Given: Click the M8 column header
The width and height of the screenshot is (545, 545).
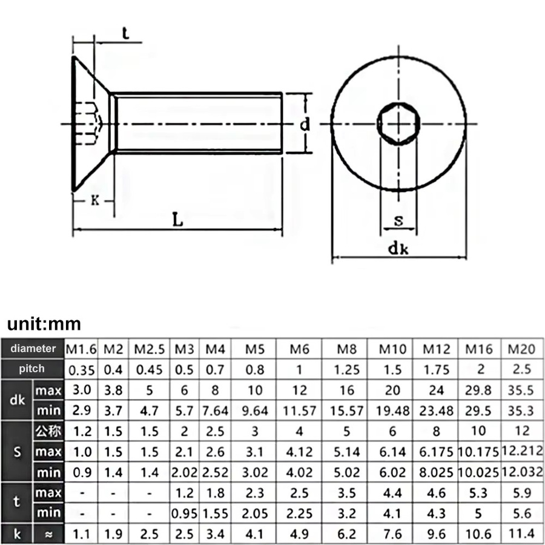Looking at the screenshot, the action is [x=346, y=349].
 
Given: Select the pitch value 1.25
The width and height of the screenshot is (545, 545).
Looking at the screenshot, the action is [x=346, y=370].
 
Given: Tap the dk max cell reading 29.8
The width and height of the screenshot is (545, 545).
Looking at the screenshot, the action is [x=478, y=391].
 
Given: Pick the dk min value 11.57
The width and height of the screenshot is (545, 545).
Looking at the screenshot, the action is [x=299, y=411].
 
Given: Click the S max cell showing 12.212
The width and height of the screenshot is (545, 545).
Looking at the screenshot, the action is [x=522, y=451].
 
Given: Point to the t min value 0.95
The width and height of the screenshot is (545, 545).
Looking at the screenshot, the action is [x=184, y=514].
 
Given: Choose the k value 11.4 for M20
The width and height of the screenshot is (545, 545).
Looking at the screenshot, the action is [x=521, y=533].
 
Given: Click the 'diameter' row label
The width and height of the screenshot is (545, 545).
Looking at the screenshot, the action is [x=33, y=348].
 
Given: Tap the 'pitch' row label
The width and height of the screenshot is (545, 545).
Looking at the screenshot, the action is [x=31, y=368].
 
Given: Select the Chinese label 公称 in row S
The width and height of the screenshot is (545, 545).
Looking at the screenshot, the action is [x=48, y=431].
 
